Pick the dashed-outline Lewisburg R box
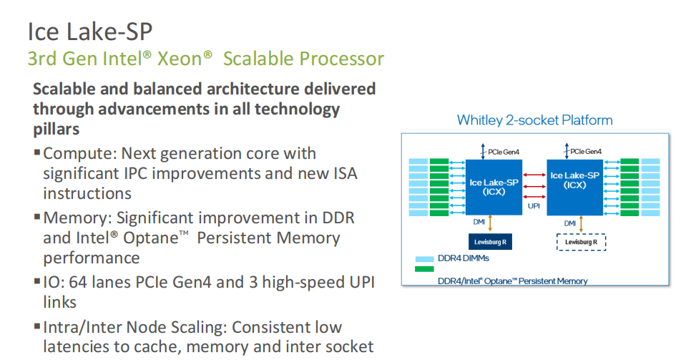click(x=581, y=243)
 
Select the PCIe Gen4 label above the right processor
click(x=587, y=151)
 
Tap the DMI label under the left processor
click(x=479, y=223)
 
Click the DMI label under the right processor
click(x=570, y=223)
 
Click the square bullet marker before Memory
click(x=36, y=218)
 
